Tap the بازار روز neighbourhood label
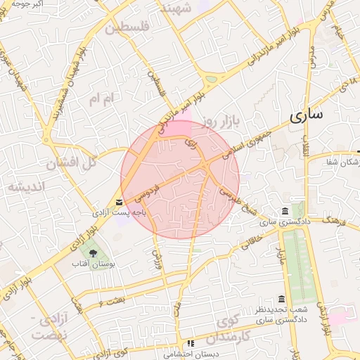(x=221, y=122)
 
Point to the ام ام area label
(x=101, y=100)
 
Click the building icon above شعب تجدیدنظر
(x=281, y=299)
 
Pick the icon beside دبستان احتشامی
(x=189, y=344)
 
